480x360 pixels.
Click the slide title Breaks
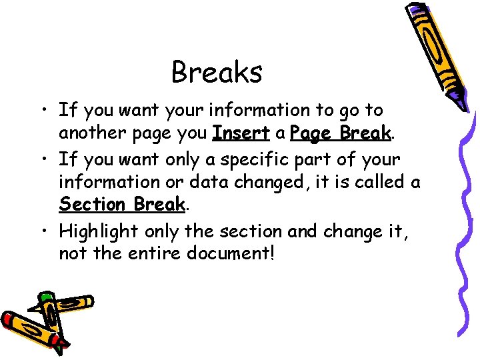pos(217,72)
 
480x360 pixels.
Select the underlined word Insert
pos(241,133)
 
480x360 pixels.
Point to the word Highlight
pos(99,231)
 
